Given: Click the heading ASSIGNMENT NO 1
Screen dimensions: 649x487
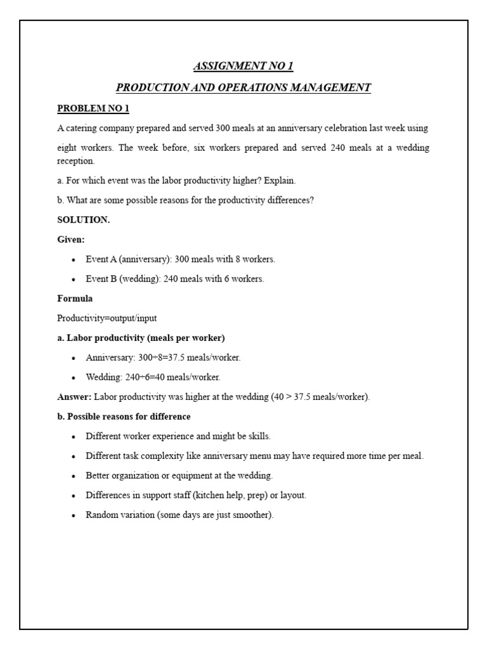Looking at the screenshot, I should pyautogui.click(x=243, y=67).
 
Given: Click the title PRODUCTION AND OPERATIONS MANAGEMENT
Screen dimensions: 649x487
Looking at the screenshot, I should pyautogui.click(x=243, y=87).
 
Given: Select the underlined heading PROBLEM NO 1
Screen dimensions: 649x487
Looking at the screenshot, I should pyautogui.click(x=93, y=108).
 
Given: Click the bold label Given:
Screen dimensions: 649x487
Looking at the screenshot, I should pyautogui.click(x=71, y=240).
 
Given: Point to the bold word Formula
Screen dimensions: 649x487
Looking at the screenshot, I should pyautogui.click(x=75, y=299).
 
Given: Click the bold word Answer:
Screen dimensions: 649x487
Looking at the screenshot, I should pyautogui.click(x=74, y=397).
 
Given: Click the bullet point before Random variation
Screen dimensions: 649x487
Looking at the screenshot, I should pyautogui.click(x=74, y=515).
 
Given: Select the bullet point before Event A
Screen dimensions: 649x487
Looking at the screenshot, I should pyautogui.click(x=74, y=260).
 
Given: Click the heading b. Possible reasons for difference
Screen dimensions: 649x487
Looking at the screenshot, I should pyautogui.click(x=124, y=416).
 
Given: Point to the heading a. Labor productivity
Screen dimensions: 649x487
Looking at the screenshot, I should pyautogui.click(x=141, y=338).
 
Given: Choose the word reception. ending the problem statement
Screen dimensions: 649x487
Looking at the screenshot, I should pyautogui.click(x=75, y=161).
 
